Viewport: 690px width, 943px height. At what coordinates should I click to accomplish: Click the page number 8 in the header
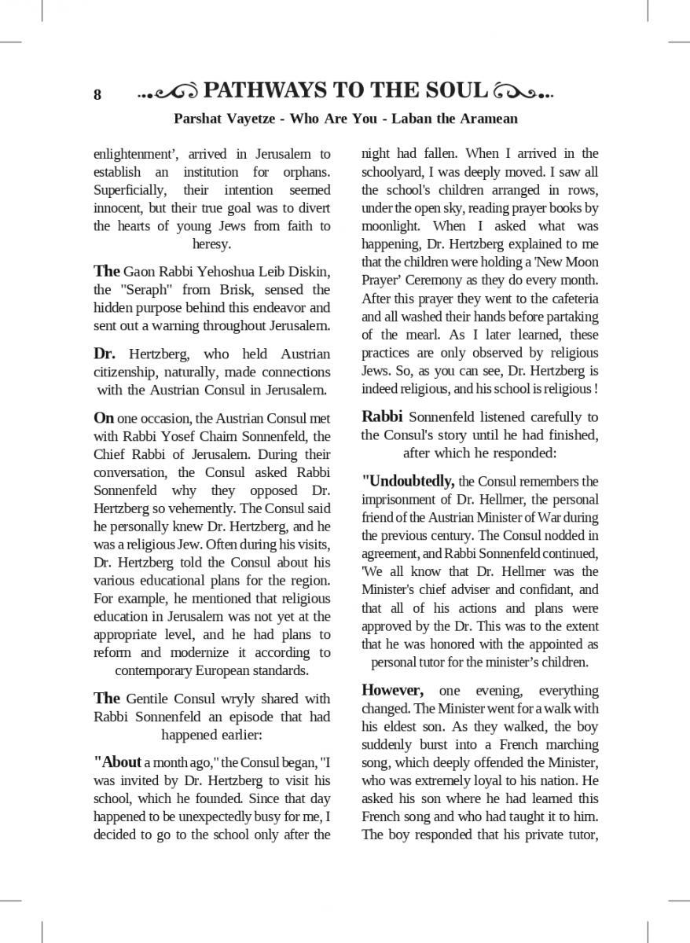pyautogui.click(x=97, y=95)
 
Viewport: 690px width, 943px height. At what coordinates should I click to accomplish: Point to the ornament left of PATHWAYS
pyautogui.click(x=167, y=93)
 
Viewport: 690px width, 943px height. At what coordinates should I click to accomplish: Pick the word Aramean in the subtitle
pyautogui.click(x=486, y=119)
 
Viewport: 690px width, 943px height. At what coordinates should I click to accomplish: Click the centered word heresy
pyautogui.click(x=211, y=244)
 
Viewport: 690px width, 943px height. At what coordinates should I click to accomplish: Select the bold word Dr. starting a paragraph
pyautogui.click(x=105, y=354)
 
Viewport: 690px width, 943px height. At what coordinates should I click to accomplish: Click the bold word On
pyautogui.click(x=104, y=417)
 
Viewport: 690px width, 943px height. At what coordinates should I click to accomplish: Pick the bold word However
pyautogui.click(x=392, y=691)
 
